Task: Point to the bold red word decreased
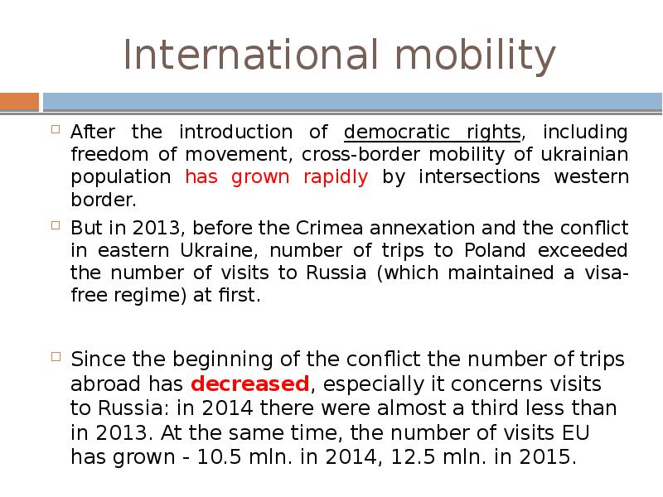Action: (x=250, y=384)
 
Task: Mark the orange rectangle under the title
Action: (x=19, y=102)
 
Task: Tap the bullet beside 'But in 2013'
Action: (x=56, y=225)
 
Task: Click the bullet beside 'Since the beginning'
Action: (x=56, y=357)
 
